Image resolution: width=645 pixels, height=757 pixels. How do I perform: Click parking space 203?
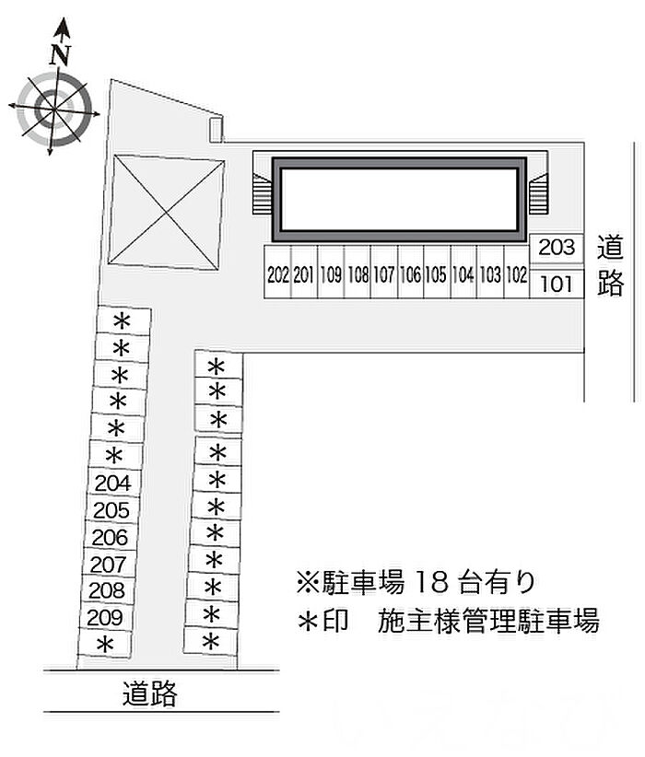pos(557,249)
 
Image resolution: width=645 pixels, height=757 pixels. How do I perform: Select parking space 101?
pos(557,284)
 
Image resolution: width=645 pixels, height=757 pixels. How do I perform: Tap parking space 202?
pos(277,272)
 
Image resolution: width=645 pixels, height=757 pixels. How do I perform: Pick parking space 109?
pos(331,272)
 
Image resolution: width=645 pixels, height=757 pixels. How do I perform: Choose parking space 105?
pos(438,272)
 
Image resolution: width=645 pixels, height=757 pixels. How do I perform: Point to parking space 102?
pos(517,272)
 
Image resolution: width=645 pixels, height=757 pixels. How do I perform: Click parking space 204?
pos(113,483)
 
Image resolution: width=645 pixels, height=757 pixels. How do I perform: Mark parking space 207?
pos(109,564)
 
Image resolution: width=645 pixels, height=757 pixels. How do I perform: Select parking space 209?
pos(105,617)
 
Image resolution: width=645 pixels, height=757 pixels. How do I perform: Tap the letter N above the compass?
pos(61,55)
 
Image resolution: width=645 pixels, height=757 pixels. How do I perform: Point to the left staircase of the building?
pos(262,194)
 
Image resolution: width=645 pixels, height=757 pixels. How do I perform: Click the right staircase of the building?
pos(538,194)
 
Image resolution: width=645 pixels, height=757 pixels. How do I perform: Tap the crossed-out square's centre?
pos(166,212)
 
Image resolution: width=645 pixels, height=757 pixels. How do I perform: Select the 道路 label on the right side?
pos(610,265)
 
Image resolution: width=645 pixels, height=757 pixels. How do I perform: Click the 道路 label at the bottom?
pos(150,693)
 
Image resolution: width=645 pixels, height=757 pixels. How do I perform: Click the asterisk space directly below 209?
pos(104,645)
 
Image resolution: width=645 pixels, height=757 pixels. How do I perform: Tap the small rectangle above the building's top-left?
pos(216,130)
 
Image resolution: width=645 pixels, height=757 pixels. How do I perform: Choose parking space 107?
pos(384,272)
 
